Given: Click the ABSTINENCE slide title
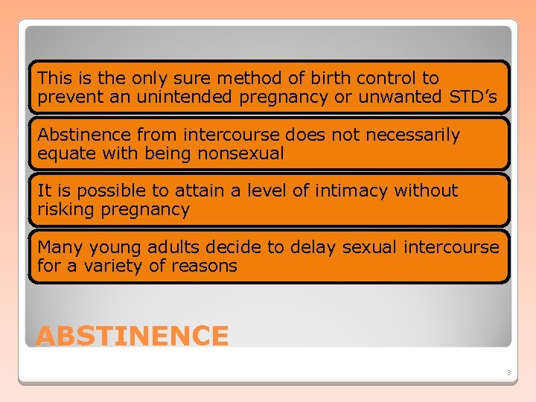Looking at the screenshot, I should tap(132, 336).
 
